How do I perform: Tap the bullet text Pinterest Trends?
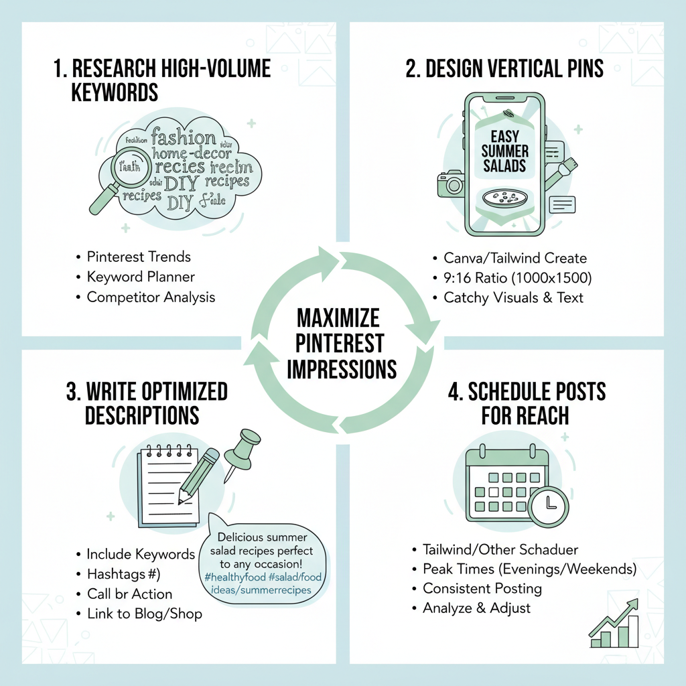139,257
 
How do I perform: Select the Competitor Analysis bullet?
151,297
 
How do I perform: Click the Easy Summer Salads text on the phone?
504,151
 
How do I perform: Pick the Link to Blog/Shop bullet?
144,613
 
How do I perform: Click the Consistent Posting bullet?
482,589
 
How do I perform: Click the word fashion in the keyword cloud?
184,138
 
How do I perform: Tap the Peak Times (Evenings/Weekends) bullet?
529,569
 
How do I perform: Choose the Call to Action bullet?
129,594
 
